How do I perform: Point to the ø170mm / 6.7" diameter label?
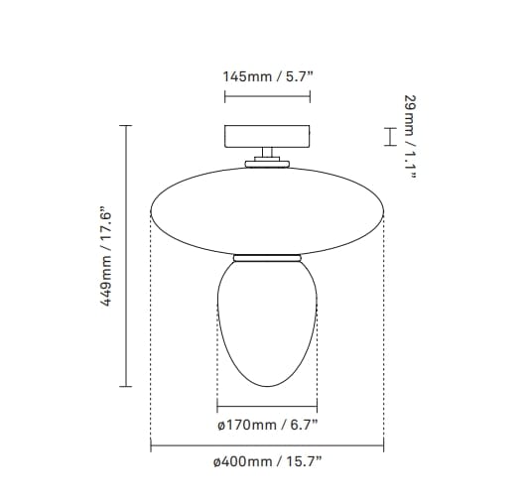[x=267, y=428]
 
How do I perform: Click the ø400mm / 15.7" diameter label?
[x=267, y=462]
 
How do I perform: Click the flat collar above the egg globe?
[x=266, y=258]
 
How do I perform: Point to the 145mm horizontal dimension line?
[x=267, y=96]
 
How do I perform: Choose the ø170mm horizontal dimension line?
[x=266, y=409]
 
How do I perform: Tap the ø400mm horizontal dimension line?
[x=266, y=446]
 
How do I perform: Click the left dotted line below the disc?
[x=150, y=337]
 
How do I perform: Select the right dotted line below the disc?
[x=383, y=337]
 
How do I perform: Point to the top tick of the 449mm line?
[x=127, y=126]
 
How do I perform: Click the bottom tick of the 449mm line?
[x=127, y=385]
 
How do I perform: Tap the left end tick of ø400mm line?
[x=150, y=446]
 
